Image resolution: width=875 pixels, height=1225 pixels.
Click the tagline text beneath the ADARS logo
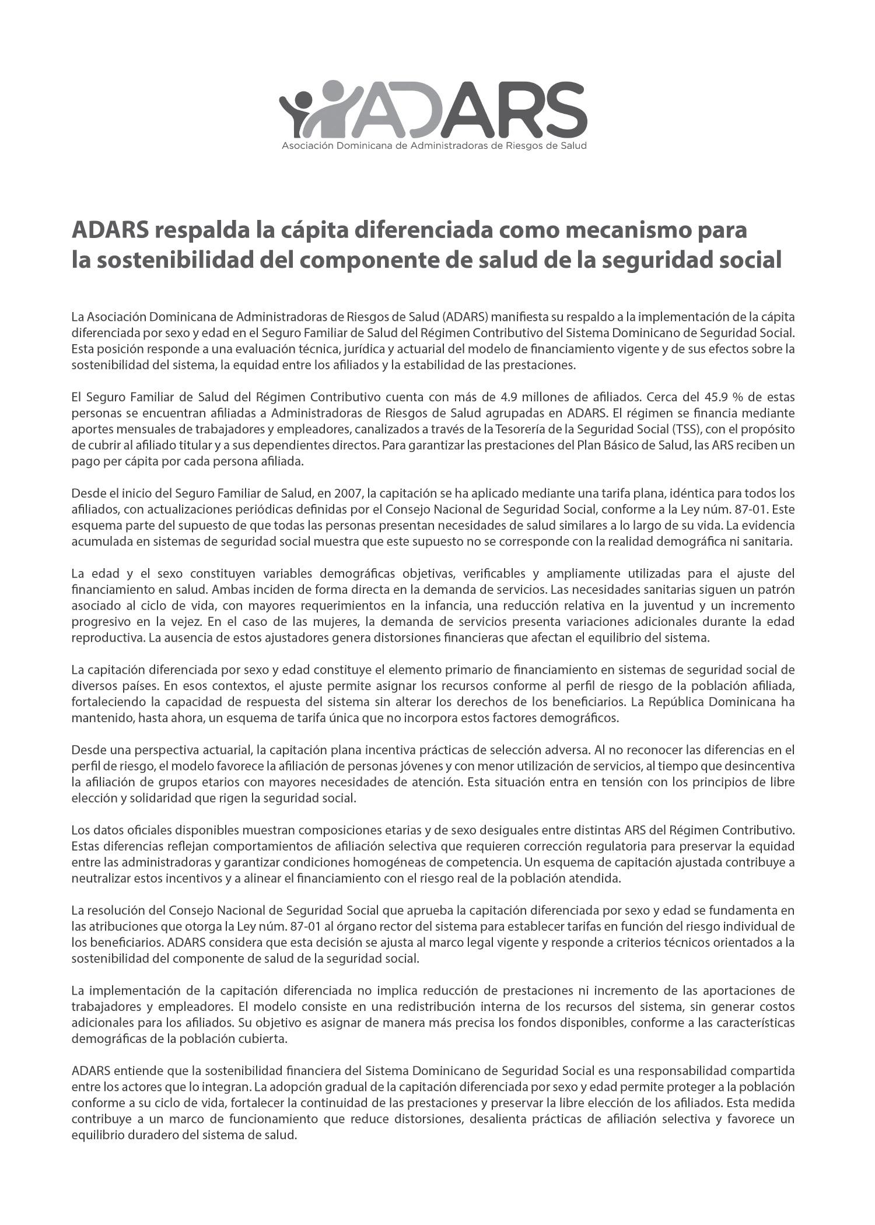[x=434, y=145]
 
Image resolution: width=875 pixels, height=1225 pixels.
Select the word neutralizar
[x=99, y=878]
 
